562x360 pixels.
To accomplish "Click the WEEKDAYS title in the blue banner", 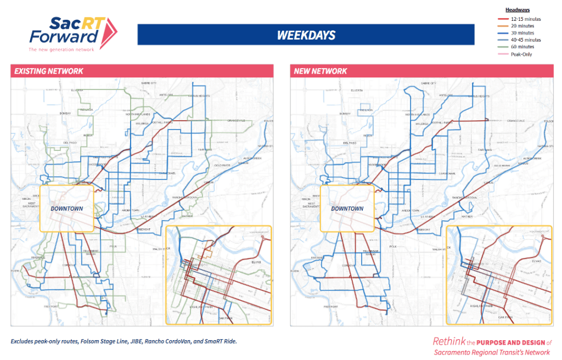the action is coord(306,35).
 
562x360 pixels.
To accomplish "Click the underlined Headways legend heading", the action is coord(517,10).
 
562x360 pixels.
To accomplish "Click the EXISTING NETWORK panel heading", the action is coord(49,71).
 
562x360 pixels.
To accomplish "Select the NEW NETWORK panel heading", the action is coord(321,71).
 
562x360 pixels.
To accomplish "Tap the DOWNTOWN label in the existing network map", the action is coord(66,209).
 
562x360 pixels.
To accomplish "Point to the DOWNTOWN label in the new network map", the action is coord(347,209).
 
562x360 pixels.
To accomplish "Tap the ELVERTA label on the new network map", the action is coord(358,89).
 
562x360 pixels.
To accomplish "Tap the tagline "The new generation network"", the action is coord(61,49).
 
